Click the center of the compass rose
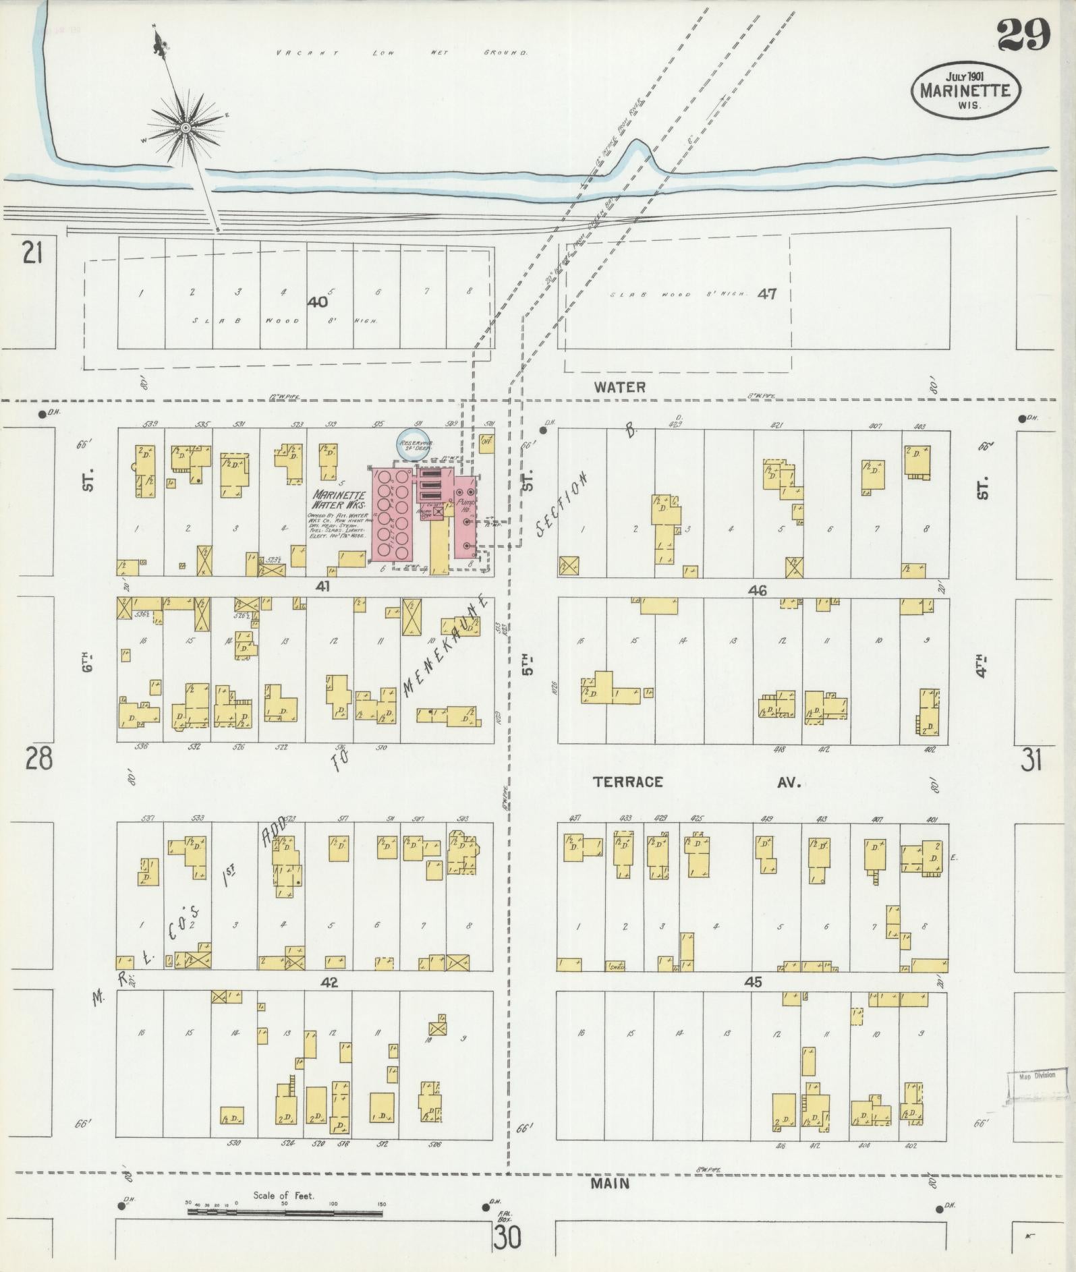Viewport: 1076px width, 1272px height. point(185,127)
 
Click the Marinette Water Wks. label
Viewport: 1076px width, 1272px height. point(339,500)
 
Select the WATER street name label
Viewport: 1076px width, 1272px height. point(620,387)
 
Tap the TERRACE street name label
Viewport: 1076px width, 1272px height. point(627,782)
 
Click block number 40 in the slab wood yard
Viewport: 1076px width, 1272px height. point(316,302)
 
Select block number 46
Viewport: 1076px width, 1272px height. point(758,590)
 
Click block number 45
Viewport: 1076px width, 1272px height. point(753,982)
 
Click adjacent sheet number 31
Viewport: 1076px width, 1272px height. point(1031,761)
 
